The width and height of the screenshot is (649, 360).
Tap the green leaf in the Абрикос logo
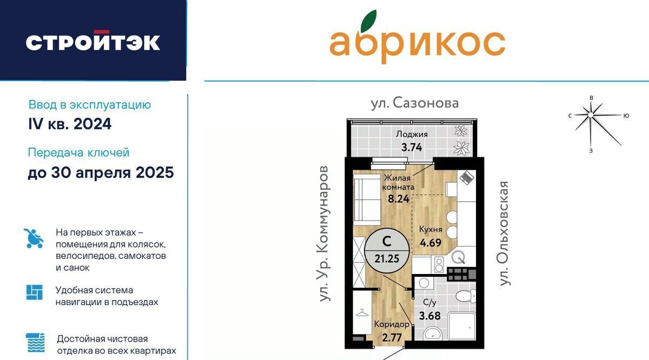368,21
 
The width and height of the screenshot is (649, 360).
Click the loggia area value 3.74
412,148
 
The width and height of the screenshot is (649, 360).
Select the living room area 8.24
399,199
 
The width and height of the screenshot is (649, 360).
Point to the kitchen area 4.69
431,242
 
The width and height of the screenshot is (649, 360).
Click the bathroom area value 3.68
430,315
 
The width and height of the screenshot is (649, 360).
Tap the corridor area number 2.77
392,337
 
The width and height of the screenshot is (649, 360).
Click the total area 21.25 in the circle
387,258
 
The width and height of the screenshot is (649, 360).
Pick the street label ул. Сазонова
415,103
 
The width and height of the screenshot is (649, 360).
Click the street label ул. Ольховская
504,234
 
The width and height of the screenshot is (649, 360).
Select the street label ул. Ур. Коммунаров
324,234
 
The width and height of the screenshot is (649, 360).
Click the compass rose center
591,115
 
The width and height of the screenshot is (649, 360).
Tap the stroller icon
34,238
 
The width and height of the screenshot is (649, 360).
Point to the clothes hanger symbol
362,313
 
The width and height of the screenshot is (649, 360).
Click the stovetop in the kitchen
439,265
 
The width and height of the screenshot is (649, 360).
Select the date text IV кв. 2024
70,124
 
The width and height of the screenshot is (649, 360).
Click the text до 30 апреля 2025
101,172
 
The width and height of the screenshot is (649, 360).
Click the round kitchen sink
459,257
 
